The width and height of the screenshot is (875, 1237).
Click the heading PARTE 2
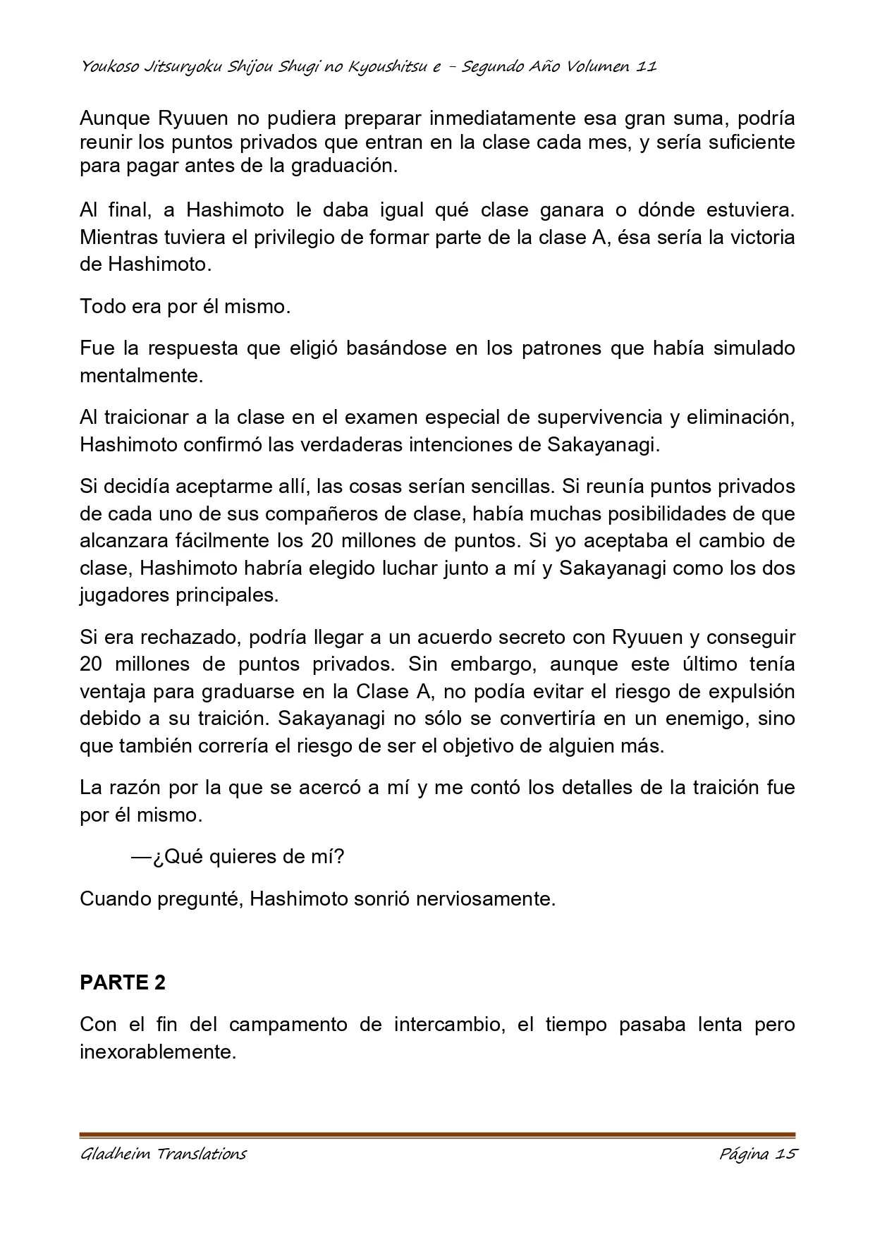point(123,982)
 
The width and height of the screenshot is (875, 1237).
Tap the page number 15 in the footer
point(785,1154)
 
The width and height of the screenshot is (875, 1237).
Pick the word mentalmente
point(141,376)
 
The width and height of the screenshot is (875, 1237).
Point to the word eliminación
point(741,418)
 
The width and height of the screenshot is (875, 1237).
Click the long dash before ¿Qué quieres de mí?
point(141,858)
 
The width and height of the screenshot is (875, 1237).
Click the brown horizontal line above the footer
point(437,1135)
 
